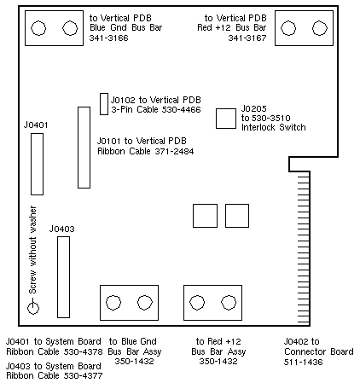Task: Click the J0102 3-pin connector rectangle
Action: (x=104, y=104)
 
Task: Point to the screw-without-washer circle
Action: (x=33, y=308)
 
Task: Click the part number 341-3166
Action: (x=109, y=38)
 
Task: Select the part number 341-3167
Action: (x=247, y=38)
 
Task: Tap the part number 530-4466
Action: (x=181, y=109)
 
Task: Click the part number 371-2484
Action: (x=174, y=151)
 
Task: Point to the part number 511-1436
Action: (x=304, y=362)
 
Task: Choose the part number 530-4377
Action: (x=83, y=375)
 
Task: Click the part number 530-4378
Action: (x=83, y=351)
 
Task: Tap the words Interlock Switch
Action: (x=274, y=127)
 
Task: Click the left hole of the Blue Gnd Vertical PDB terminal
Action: (x=38, y=28)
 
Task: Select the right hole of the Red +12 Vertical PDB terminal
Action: (x=320, y=28)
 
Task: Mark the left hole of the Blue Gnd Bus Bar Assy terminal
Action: (x=113, y=303)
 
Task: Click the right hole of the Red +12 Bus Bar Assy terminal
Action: (x=229, y=303)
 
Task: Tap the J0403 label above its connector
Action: (x=62, y=229)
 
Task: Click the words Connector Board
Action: (x=319, y=351)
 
